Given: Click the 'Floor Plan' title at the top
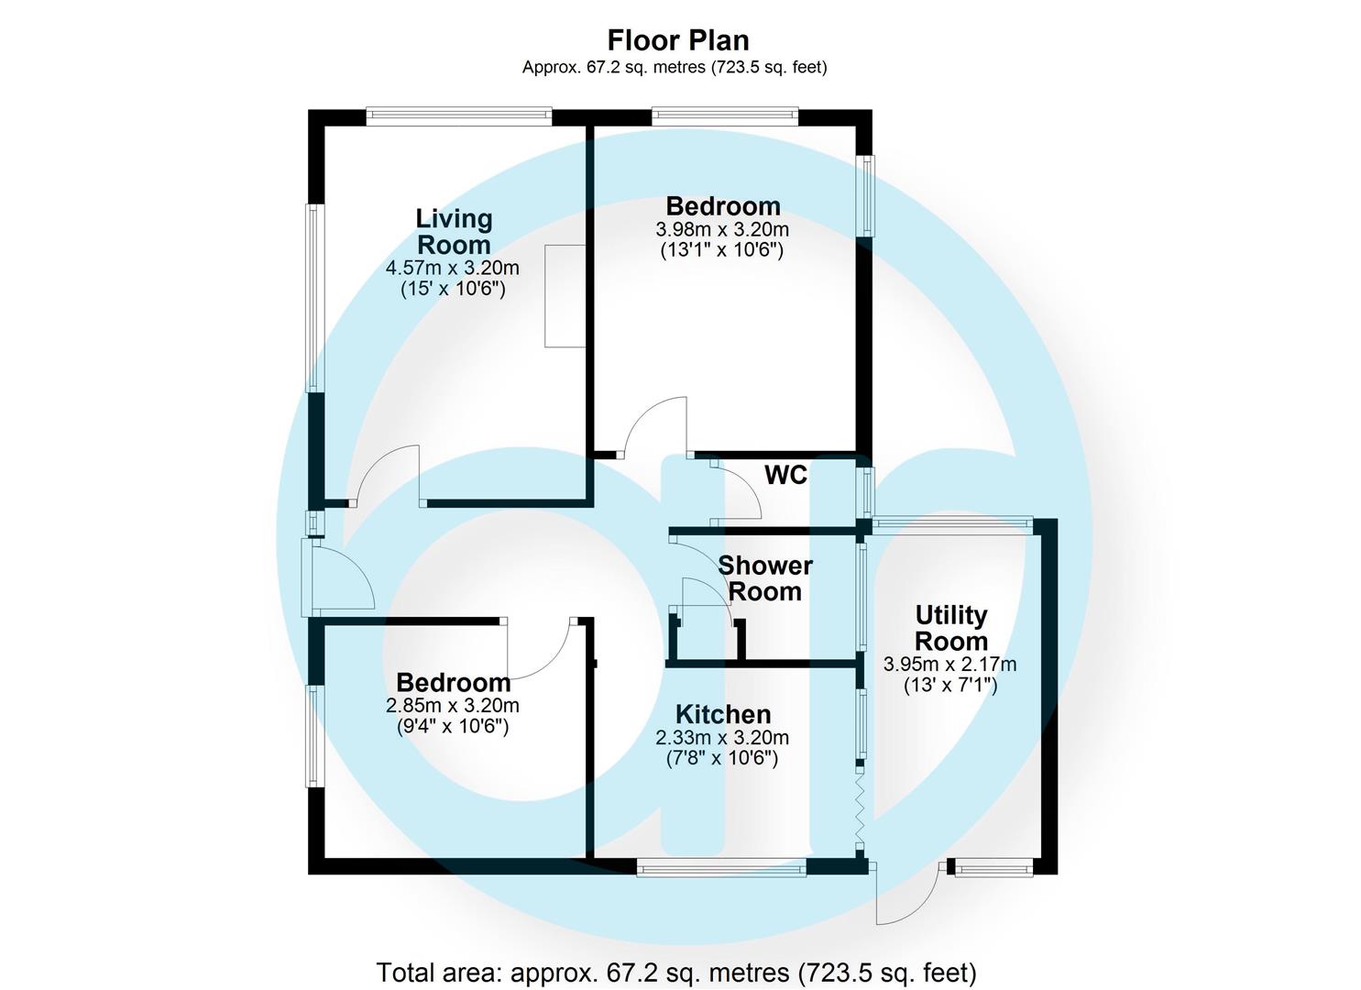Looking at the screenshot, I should point(678,40).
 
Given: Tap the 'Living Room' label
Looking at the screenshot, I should point(454,232).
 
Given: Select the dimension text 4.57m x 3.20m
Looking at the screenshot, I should point(453,269).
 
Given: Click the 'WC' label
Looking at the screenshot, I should point(785,475).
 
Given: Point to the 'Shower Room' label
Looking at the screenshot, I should point(764,578).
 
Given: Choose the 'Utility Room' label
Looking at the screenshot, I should point(951,628).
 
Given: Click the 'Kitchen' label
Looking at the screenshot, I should point(722,714).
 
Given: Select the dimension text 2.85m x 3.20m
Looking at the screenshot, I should point(453,706).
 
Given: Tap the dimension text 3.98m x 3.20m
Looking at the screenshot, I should point(722,229).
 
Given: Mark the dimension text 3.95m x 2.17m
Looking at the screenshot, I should point(949,665).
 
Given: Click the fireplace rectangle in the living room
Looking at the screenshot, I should point(565,296).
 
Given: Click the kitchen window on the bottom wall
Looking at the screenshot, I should point(721,866).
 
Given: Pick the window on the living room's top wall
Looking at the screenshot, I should point(458,115).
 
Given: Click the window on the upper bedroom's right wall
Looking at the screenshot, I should point(866,195).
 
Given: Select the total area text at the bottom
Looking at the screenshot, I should point(676,972).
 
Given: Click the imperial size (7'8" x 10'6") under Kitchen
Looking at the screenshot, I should point(722,758).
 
